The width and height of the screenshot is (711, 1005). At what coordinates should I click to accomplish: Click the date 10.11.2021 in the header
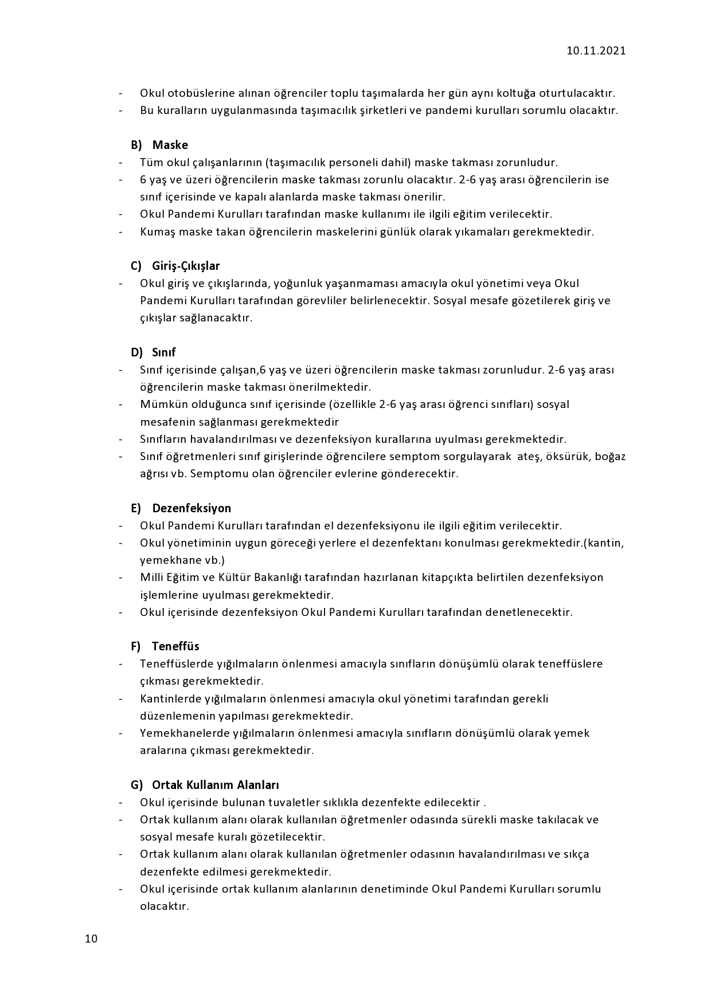tap(596, 50)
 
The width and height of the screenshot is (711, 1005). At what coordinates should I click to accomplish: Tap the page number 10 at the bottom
tap(91, 939)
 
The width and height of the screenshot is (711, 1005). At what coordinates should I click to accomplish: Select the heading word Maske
tap(170, 145)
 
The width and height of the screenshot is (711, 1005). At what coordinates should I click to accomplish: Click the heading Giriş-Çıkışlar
tap(186, 266)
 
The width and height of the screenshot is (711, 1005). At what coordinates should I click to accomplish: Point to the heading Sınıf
tap(164, 352)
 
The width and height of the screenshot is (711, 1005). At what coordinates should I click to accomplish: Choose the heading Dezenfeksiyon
tap(192, 508)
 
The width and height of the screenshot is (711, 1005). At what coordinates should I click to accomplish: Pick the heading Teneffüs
tap(175, 646)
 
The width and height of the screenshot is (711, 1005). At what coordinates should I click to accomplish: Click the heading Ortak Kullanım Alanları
tap(216, 785)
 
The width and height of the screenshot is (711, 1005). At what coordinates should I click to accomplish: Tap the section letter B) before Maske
tap(136, 145)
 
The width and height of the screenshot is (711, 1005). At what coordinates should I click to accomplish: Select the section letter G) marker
tap(136, 785)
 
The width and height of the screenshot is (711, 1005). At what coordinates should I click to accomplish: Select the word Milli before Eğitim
tap(151, 577)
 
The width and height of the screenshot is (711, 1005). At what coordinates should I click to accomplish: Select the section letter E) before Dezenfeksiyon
tap(136, 508)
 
